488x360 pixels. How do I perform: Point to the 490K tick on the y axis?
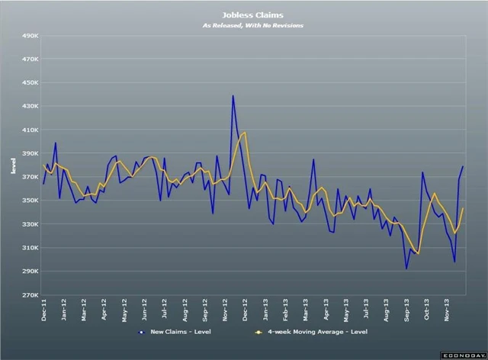tap(30, 35)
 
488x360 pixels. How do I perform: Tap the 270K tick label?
tap(30, 295)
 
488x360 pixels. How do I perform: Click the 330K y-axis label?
tap(30, 224)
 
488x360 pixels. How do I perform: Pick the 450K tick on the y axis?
tap(30, 82)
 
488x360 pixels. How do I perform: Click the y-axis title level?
tap(13, 165)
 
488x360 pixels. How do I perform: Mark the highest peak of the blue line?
tap(233, 95)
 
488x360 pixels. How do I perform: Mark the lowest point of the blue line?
tap(406, 268)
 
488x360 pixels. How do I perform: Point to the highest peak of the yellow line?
tap(244, 132)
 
